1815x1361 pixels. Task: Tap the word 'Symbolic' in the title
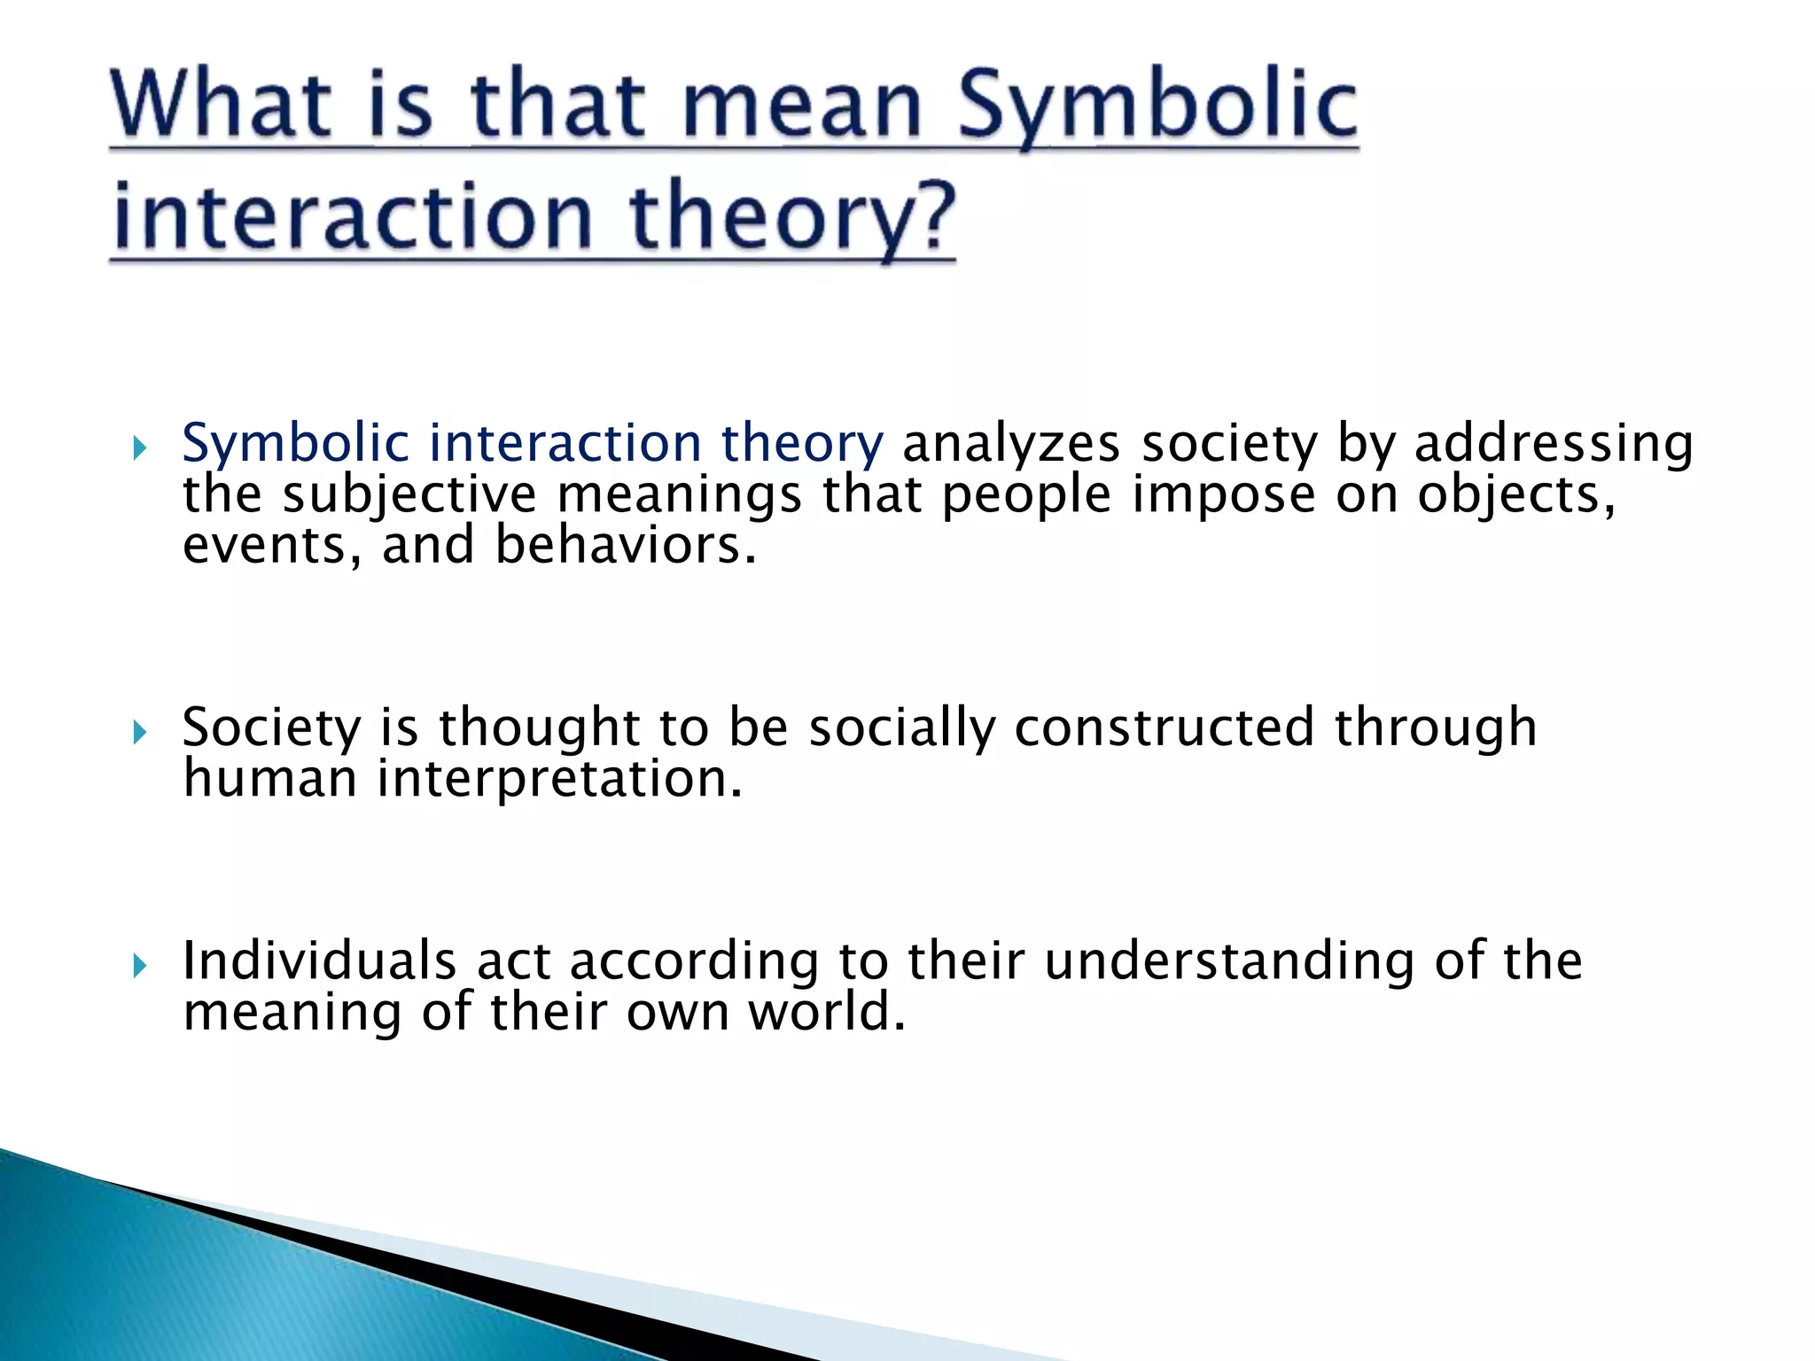(1157, 108)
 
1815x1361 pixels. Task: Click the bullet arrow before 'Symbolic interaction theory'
(139, 448)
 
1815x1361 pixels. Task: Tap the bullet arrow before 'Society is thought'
(139, 733)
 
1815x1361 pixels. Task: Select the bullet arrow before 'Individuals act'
(139, 966)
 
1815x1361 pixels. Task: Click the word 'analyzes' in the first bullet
(1011, 443)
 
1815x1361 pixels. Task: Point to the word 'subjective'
(409, 494)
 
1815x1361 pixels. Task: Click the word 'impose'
(1223, 494)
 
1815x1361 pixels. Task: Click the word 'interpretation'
(559, 779)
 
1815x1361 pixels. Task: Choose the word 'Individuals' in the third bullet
(319, 960)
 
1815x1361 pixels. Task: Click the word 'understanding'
(1228, 960)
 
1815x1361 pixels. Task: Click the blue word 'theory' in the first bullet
(801, 443)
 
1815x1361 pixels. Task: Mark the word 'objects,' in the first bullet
(1515, 494)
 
